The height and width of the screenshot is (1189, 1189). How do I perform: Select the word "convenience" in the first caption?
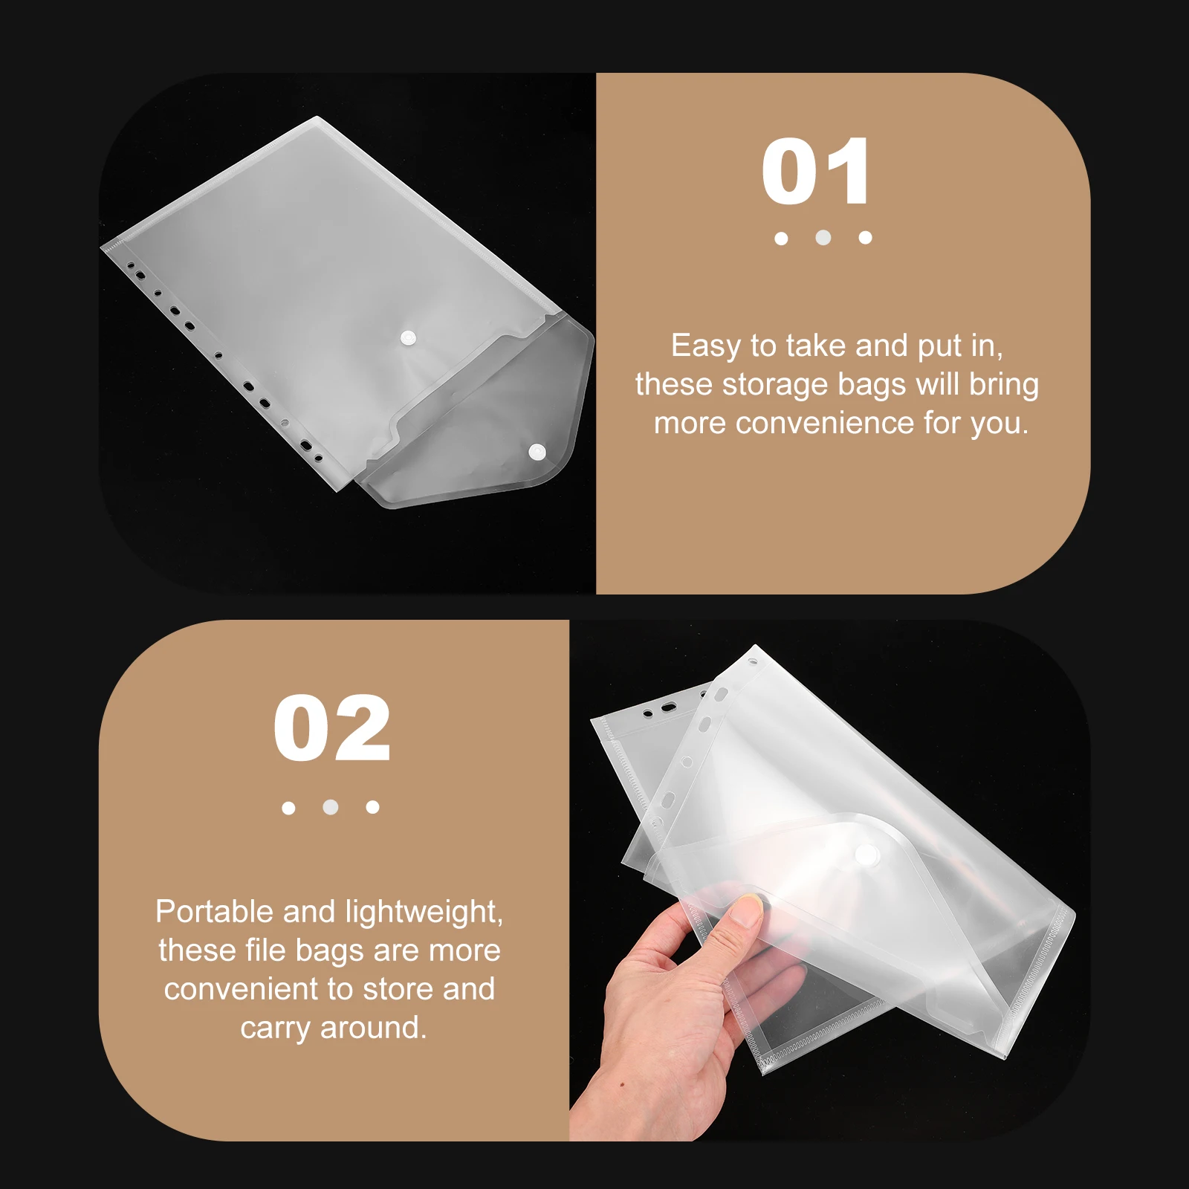click(825, 423)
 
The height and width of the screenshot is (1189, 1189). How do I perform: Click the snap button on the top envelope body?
click(408, 338)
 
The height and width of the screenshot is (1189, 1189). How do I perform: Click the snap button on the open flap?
click(537, 451)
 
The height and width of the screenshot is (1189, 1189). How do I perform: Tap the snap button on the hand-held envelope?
click(866, 854)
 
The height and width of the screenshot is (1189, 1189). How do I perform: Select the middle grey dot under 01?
click(823, 238)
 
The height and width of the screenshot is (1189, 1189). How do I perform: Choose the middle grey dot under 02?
click(331, 807)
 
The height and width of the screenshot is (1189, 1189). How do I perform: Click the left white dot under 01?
click(781, 239)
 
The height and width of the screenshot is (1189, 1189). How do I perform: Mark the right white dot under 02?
click(373, 807)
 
